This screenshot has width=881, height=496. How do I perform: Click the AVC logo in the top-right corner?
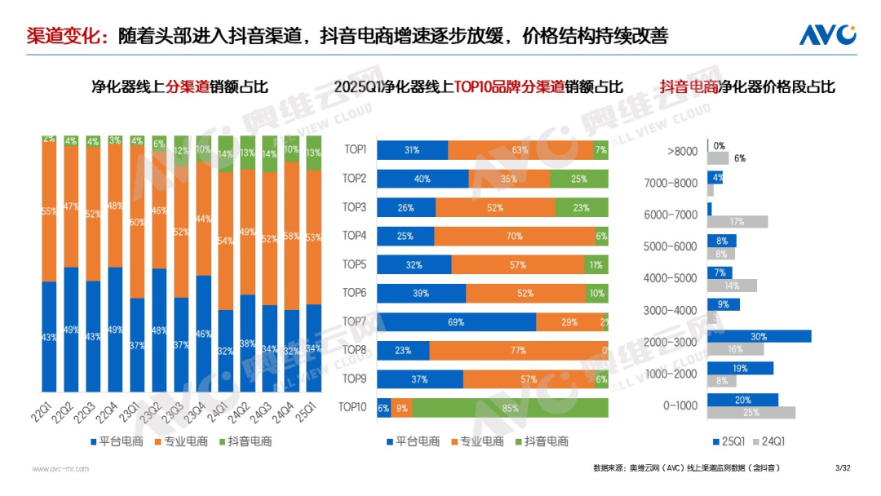pyautogui.click(x=826, y=35)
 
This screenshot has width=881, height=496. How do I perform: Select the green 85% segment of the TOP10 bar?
pyautogui.click(x=510, y=408)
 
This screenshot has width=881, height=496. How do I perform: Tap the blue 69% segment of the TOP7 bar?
pyautogui.click(x=456, y=322)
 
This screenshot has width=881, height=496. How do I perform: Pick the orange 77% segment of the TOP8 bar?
pyautogui.click(x=519, y=351)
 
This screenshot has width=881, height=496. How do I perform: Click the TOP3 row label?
pyautogui.click(x=354, y=207)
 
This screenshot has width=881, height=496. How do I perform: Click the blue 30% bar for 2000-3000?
pyautogui.click(x=759, y=336)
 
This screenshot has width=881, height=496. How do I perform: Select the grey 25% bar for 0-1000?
pyautogui.click(x=750, y=413)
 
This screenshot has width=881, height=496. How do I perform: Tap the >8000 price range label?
pyautogui.click(x=682, y=152)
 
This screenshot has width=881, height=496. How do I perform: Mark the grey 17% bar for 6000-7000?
pyautogui.click(x=737, y=222)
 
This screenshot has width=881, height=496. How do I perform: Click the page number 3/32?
pyautogui.click(x=843, y=467)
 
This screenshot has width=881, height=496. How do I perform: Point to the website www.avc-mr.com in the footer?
pyautogui.click(x=60, y=468)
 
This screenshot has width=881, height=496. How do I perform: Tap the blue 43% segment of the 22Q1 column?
pyautogui.click(x=49, y=337)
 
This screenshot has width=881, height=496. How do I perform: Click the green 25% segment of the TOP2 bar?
pyautogui.click(x=578, y=179)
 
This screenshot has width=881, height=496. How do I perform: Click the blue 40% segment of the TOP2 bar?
pyautogui.click(x=423, y=179)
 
